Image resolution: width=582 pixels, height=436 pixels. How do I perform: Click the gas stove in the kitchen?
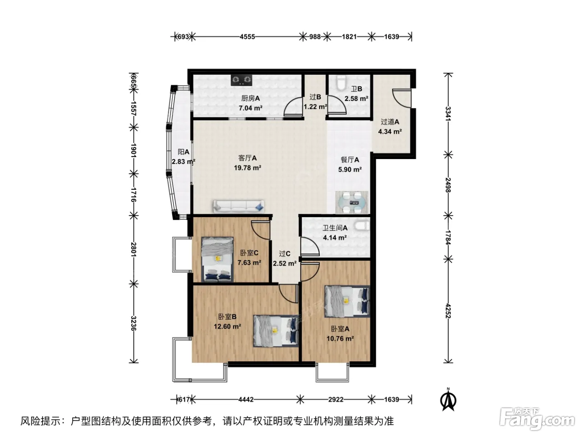pyautogui.click(x=241, y=80)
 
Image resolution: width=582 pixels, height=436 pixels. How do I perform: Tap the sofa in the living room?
pyautogui.click(x=239, y=206)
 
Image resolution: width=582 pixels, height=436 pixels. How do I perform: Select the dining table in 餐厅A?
pyautogui.click(x=352, y=202)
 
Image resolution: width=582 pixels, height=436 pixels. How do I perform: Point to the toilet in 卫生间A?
pyautogui.click(x=362, y=225)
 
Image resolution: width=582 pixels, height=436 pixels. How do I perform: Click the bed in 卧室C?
pyautogui.click(x=217, y=259)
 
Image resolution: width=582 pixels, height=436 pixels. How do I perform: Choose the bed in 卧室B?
pyautogui.click(x=276, y=331)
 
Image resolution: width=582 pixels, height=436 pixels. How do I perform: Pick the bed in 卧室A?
pyautogui.click(x=347, y=301)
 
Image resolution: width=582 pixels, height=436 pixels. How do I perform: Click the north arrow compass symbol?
pyautogui.click(x=448, y=400)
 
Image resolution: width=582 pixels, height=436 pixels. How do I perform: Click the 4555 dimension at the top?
pyautogui.click(x=247, y=37)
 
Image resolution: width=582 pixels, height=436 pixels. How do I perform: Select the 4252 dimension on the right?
pyautogui.click(x=448, y=311)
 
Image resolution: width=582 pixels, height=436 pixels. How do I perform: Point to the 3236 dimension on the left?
pyautogui.click(x=133, y=323)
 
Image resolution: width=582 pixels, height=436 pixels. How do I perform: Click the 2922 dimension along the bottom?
pyautogui.click(x=335, y=399)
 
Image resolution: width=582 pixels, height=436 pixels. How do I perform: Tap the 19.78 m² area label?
pyautogui.click(x=247, y=168)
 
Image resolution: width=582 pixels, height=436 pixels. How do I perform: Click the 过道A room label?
pyautogui.click(x=390, y=122)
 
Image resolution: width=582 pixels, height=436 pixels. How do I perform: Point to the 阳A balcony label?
pyautogui.click(x=183, y=152)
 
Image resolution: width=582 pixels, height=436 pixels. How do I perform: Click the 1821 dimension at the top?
pyautogui.click(x=349, y=37)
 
